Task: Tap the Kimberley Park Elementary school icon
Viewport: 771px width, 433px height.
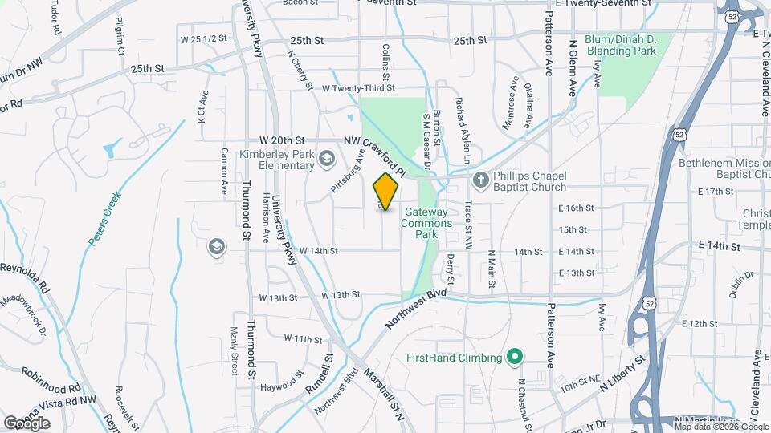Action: (x=327, y=159)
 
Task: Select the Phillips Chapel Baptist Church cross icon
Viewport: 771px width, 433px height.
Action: (x=480, y=180)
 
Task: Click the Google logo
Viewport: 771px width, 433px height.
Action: (x=27, y=423)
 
